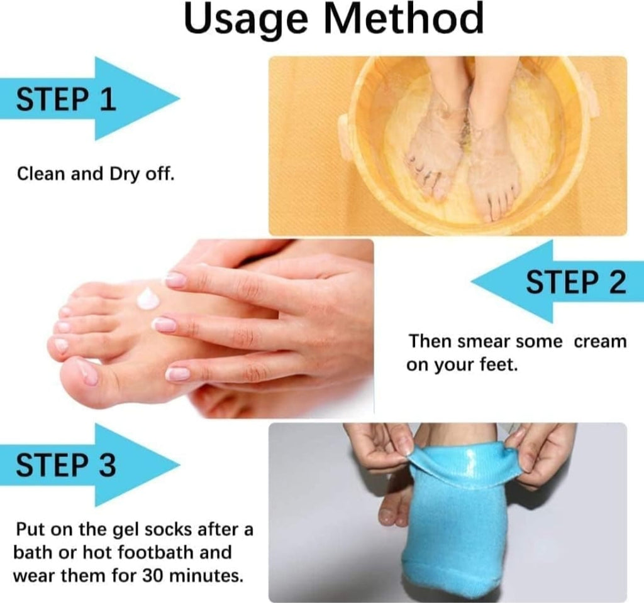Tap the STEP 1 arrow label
tap(66, 99)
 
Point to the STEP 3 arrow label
tap(66, 465)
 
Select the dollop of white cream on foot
tap(147, 298)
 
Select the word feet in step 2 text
tap(500, 365)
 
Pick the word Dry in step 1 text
tap(119, 173)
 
